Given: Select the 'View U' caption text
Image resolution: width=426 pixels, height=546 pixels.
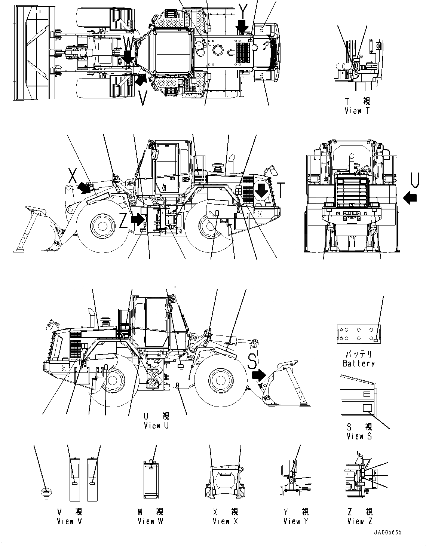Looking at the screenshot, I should coord(156,425).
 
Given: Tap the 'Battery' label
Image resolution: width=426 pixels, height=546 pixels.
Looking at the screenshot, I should coord(358,363).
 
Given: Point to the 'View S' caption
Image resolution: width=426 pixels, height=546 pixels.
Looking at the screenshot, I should coord(359,436).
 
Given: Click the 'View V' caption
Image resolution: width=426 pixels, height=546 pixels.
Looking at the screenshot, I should coord(70,521).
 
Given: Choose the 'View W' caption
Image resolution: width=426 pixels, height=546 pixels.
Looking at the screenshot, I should coord(150,521).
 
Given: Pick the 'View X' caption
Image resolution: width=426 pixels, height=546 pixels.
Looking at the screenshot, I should coord(225,521).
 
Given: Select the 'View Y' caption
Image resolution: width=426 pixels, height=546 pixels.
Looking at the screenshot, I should coord(296,521).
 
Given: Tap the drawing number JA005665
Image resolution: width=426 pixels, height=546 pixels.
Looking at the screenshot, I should coord(387,533).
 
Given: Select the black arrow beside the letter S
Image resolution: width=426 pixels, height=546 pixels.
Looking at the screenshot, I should coord(258,374).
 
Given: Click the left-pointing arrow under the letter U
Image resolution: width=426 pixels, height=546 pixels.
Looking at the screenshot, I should coord(410,197).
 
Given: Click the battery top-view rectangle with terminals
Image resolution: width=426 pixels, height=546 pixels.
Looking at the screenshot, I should coord(359,334).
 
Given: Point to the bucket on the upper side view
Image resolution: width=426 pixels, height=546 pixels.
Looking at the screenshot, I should coord(36,232).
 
